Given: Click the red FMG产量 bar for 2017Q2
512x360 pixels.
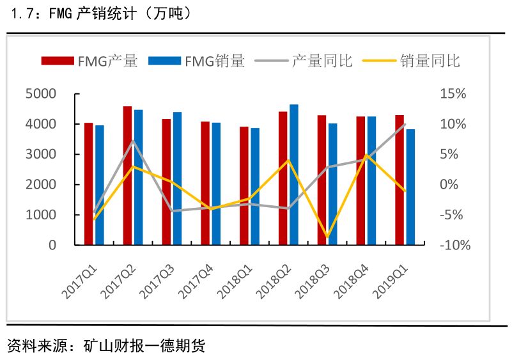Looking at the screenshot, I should point(127,176).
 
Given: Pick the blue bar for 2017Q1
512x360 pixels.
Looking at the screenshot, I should point(99,185).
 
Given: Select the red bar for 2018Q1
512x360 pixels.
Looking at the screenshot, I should point(244,186).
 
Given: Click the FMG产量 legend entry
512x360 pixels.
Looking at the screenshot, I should point(89,61).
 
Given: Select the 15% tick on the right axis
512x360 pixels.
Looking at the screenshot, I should point(453,94).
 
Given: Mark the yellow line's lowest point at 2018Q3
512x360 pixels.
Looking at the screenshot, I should point(328,237).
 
